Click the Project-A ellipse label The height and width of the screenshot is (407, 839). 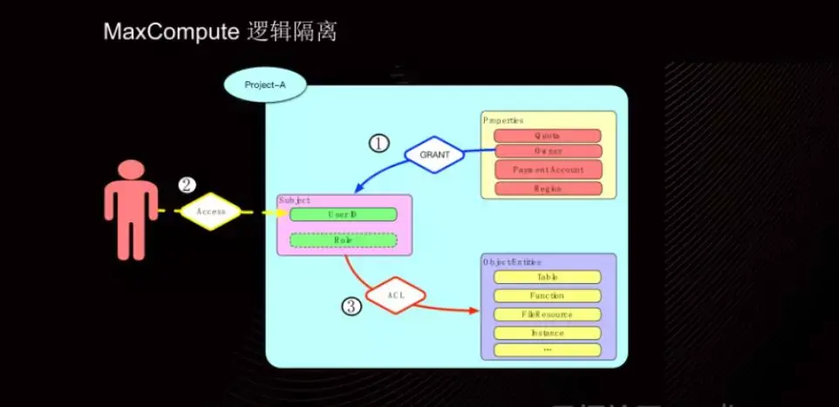coord(265,85)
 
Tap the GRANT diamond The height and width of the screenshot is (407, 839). coord(434,154)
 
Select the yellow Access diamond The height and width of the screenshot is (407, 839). coord(210,211)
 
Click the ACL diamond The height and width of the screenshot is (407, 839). coord(395,295)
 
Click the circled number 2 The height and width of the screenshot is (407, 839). coord(186,185)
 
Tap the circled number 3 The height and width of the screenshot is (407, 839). coord(351,306)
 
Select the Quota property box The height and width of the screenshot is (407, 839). coord(548,136)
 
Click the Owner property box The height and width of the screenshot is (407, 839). coord(548,152)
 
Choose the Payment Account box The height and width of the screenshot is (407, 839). coord(548,169)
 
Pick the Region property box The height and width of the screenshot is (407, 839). coord(548,188)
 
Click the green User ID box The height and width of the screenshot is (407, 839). coord(343,214)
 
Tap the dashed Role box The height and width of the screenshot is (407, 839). coord(343,240)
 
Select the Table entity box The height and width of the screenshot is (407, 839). coord(548,277)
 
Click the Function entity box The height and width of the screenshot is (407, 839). coord(548,295)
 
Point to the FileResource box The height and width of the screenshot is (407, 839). coord(548,314)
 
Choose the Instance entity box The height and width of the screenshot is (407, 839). coord(548,333)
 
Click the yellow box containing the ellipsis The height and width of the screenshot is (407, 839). coord(548,350)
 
